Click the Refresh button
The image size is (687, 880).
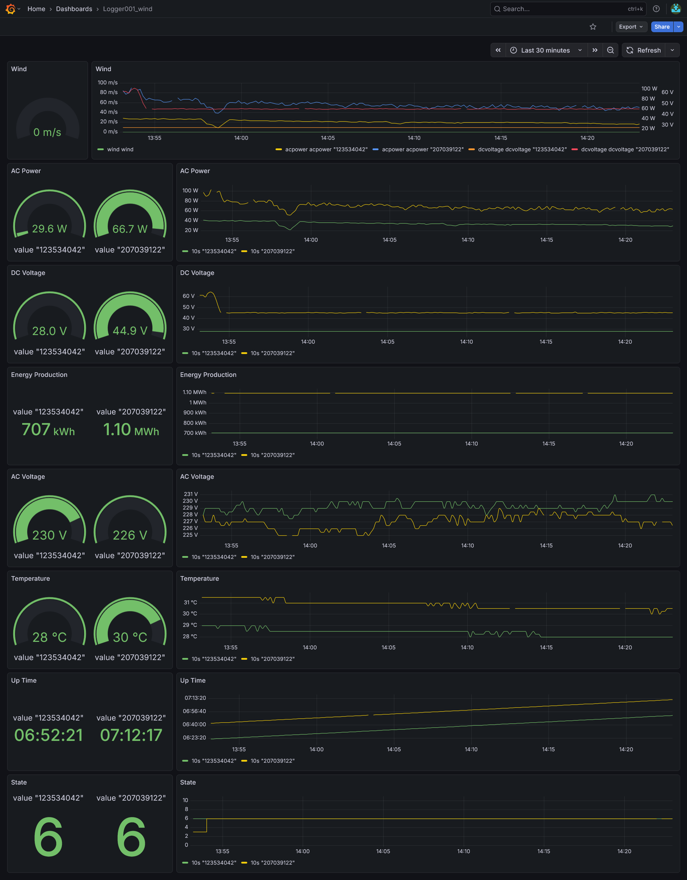click(643, 50)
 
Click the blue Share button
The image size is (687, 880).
click(662, 26)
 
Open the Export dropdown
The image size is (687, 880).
click(631, 26)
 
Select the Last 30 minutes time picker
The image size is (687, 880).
click(545, 50)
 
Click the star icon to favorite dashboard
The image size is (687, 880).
click(593, 26)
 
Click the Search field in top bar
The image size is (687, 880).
click(564, 9)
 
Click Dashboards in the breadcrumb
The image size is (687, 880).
click(74, 9)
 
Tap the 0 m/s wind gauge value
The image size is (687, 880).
click(47, 132)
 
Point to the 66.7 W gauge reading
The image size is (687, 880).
click(130, 229)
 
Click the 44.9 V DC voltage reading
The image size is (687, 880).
click(130, 331)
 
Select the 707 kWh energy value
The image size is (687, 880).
click(48, 429)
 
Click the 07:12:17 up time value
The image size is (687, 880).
click(131, 735)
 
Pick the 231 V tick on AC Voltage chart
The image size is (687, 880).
click(191, 494)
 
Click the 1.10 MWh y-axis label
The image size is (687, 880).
click(194, 392)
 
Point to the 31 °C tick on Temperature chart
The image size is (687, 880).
click(190, 603)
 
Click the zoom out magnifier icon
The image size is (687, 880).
click(610, 50)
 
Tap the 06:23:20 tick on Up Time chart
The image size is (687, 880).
click(194, 737)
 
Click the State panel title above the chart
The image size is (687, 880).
click(188, 782)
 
